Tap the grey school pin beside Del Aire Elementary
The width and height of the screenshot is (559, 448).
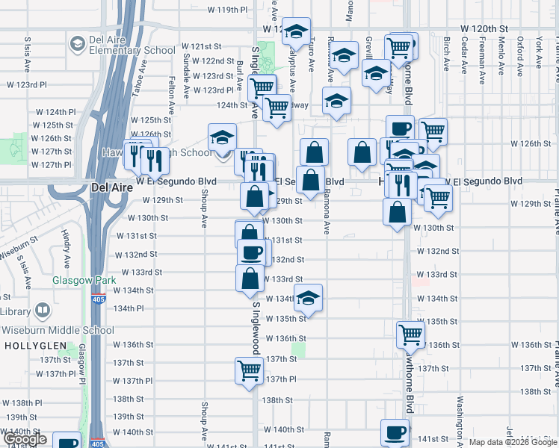pos(77,44)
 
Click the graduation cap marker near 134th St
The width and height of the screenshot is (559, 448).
pos(308,298)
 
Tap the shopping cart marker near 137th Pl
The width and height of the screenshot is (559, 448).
pos(249,370)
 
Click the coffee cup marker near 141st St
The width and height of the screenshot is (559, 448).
pos(395,432)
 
